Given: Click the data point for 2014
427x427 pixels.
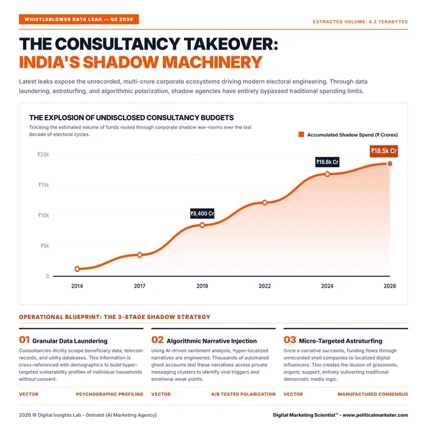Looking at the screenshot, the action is click(x=77, y=269).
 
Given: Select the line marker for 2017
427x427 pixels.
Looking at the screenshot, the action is click(x=139, y=255).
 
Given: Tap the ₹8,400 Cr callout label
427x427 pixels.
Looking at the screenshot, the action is click(x=202, y=213).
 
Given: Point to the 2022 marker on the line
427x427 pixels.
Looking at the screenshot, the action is click(x=265, y=203).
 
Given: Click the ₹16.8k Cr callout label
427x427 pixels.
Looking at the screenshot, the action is click(x=327, y=162).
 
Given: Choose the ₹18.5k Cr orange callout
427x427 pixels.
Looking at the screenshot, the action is click(x=384, y=151).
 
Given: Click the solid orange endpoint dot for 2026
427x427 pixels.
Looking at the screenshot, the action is click(x=390, y=164).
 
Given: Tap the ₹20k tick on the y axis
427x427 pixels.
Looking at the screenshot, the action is click(x=43, y=154).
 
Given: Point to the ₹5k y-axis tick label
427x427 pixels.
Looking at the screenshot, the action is click(x=45, y=246).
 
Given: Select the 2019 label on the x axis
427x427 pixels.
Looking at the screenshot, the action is click(x=202, y=286).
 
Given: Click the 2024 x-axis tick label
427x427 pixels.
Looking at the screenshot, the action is click(x=327, y=286).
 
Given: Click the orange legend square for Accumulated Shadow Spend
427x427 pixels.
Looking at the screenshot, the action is click(x=301, y=134).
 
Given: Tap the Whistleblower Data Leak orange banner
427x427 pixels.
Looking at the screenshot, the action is click(x=78, y=19).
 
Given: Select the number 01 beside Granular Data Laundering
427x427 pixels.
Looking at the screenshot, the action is click(x=24, y=340).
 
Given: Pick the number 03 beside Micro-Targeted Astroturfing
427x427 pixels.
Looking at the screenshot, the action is click(x=289, y=340).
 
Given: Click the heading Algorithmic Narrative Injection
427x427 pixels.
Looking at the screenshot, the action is click(x=212, y=341).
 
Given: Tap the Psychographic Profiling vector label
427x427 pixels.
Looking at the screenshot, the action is click(x=109, y=394).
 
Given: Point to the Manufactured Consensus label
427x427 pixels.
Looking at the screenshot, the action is click(x=373, y=394).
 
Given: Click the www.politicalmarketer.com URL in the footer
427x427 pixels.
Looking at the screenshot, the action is click(x=376, y=415).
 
